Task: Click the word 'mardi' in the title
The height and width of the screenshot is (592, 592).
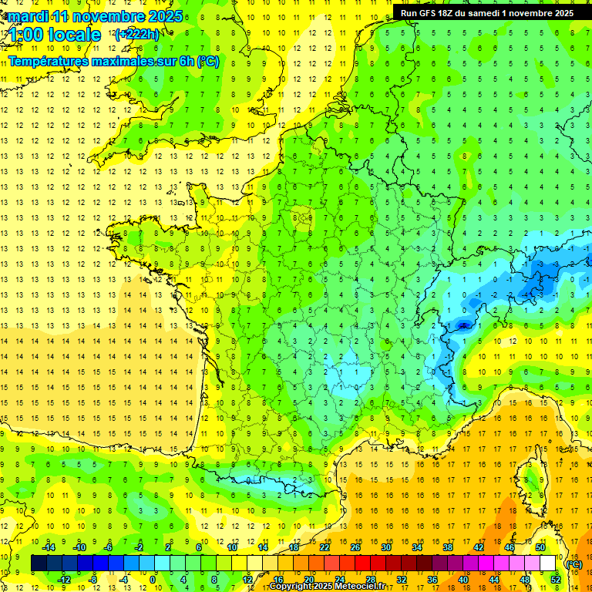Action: click(x=25, y=15)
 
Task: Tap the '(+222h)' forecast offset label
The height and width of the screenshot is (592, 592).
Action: click(x=137, y=34)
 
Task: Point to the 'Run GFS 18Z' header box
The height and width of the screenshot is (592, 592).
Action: click(x=486, y=12)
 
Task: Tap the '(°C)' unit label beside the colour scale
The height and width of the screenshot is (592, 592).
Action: click(x=573, y=563)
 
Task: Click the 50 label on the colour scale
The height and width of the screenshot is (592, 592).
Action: click(x=540, y=547)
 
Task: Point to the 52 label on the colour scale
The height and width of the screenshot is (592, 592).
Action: click(x=556, y=580)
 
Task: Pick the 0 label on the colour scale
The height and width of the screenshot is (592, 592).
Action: click(x=153, y=580)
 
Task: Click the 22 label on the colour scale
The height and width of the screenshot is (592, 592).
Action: click(x=325, y=547)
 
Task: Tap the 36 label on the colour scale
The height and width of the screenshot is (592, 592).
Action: click(x=432, y=580)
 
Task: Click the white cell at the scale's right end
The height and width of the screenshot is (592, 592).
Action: click(x=548, y=563)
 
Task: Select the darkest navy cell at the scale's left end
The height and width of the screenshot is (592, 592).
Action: click(x=39, y=563)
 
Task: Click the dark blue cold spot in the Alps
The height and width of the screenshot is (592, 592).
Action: click(x=463, y=325)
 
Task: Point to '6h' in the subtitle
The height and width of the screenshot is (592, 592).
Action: click(x=187, y=61)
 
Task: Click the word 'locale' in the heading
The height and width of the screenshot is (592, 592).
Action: click(x=73, y=35)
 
